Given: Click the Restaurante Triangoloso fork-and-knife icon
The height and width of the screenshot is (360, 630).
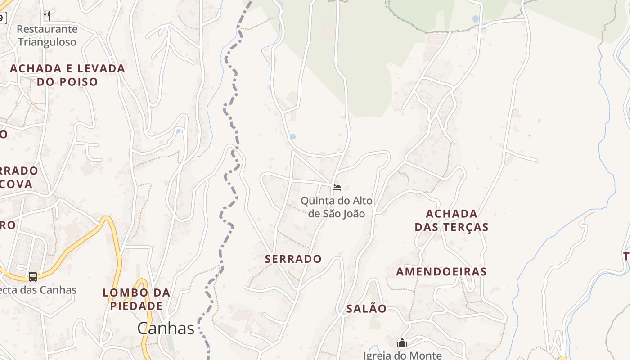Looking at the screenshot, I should coord(47,16).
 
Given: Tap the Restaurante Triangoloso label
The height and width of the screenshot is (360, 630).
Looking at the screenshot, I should coord(47,36).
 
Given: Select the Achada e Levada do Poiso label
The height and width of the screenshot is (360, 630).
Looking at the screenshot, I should coord(67,75).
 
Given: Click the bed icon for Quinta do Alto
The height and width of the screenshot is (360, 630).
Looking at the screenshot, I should coord(337,188).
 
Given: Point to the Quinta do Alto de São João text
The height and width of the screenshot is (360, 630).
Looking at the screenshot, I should coord(337,207).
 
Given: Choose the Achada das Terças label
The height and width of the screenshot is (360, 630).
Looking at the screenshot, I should coord(451,220).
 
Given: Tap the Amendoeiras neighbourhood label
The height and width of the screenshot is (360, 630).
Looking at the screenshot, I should coord(441,272).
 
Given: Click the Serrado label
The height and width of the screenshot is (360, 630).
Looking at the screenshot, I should coord(293,259).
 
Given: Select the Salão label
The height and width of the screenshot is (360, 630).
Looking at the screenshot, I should coord(366,309).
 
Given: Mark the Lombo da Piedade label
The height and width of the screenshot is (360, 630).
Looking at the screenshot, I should coord(136,299).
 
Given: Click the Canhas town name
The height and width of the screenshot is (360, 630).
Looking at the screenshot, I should coord(166,328).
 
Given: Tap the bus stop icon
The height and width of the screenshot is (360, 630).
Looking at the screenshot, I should coord(33,276).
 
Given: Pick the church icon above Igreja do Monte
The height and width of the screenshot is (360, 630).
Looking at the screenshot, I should coord(402,343).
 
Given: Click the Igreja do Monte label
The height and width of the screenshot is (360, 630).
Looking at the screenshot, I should coord(403,355).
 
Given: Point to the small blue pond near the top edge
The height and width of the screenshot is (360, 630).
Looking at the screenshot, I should coord(476,18).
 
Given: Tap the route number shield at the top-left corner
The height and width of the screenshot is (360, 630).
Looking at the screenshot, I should coord(3,18).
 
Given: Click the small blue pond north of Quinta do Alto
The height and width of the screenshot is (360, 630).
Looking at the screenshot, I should coord(293,136).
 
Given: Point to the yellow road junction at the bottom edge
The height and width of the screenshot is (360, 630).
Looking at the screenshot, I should coord(562,358).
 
